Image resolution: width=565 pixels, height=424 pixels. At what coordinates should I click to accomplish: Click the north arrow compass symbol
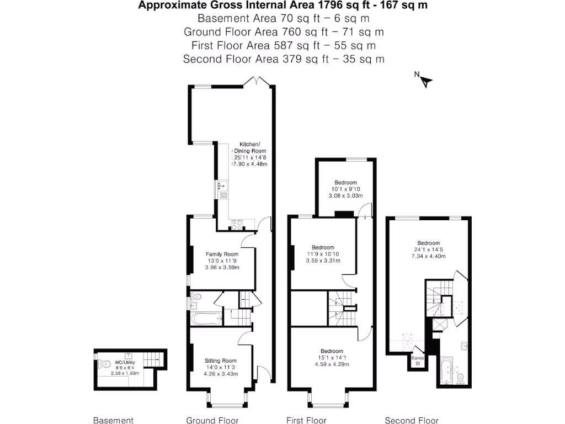(x=424, y=81)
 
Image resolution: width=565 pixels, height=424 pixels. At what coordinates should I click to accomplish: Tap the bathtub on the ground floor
(x=205, y=319)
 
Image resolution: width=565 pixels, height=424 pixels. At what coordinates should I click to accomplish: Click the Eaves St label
(x=418, y=361)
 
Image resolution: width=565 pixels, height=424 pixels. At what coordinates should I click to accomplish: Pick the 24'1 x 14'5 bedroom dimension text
(x=428, y=250)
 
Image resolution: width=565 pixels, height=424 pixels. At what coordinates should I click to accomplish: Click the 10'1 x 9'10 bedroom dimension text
(x=346, y=189)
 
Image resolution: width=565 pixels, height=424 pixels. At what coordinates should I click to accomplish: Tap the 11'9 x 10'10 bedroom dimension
(x=323, y=254)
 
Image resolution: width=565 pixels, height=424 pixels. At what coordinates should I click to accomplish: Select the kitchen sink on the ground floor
(x=223, y=191)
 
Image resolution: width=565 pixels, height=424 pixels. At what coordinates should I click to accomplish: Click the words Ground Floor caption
(x=212, y=420)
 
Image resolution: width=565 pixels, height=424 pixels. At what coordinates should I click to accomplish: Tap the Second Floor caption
(x=411, y=420)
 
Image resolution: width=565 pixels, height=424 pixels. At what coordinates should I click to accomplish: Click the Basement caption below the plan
(x=113, y=420)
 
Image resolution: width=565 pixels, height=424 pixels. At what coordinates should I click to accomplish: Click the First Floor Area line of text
(x=284, y=45)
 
